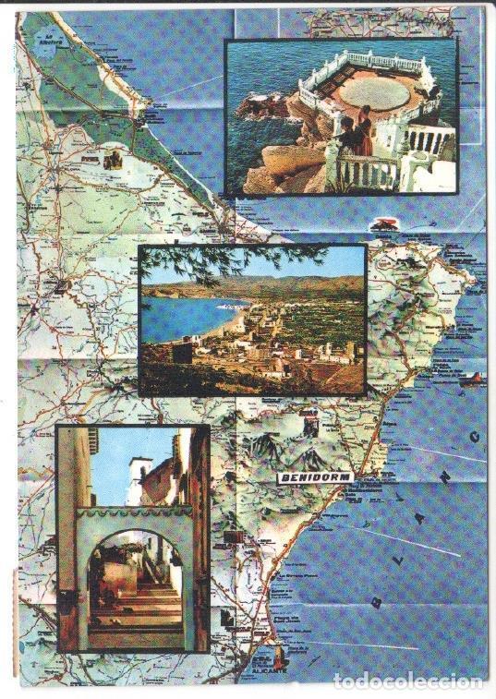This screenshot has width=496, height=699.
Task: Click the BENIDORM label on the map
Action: coord(314,477)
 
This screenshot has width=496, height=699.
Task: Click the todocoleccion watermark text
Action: coord(407,681)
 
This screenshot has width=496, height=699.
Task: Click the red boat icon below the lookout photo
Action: coord(382,223)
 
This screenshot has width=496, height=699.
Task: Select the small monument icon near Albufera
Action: coord(114,161)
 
